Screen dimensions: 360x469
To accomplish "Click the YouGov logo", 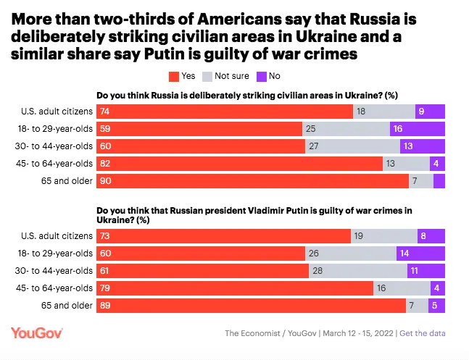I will [x=37, y=332].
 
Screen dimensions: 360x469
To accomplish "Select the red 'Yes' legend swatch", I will [x=172, y=75].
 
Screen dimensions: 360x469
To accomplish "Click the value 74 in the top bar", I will [x=105, y=111].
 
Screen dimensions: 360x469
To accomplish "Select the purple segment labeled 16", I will [x=418, y=128].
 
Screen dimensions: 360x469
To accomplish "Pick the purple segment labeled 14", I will [x=420, y=254].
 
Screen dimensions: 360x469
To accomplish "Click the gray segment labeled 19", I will [x=383, y=236].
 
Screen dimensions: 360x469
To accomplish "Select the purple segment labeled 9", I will [x=430, y=111].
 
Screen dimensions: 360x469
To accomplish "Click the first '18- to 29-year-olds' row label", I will [x=56, y=128].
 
